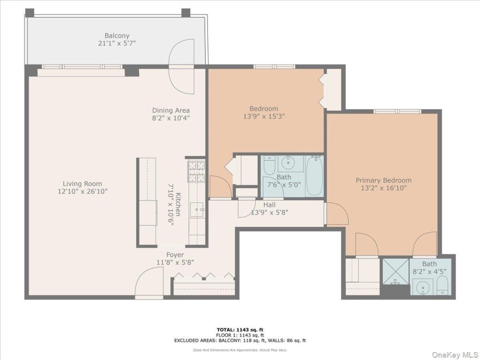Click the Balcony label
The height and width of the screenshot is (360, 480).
coord(117,35)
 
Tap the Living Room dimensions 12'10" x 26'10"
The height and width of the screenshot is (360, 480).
coord(82,191)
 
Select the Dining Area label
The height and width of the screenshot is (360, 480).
coord(170,110)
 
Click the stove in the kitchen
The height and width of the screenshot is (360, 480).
coord(196,170)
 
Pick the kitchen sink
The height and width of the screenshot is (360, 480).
coord(198,210)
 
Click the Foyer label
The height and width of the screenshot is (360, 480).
coord(175,255)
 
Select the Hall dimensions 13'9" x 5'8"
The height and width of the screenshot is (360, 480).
coord(269,213)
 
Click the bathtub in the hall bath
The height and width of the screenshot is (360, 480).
coord(314,175)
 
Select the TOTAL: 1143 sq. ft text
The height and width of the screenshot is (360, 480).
coord(240,329)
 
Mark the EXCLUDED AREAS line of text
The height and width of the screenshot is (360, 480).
coord(240,341)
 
